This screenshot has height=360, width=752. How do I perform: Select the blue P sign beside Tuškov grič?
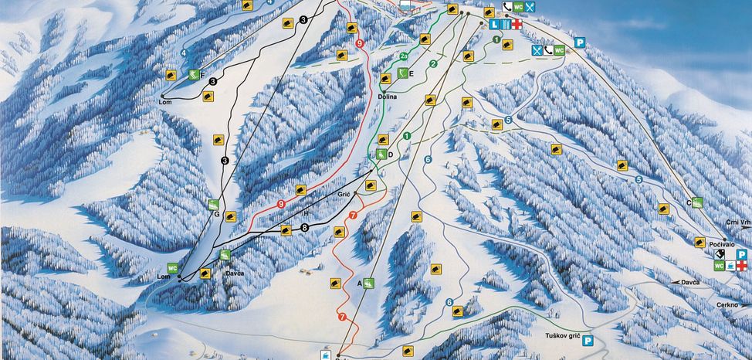click(x=588, y=340)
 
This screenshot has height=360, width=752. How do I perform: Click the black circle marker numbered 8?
click(x=305, y=228)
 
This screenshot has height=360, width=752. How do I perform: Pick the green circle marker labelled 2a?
click(x=405, y=56)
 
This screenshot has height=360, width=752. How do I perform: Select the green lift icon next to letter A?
click(x=368, y=284)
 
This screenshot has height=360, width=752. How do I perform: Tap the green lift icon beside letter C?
click(x=697, y=203)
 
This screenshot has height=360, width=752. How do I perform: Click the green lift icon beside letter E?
click(x=402, y=73)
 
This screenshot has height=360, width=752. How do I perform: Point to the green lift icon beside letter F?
click(x=193, y=74)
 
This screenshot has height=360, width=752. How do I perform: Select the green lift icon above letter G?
click(x=214, y=205)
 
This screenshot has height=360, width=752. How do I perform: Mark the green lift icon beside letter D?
click(x=381, y=155)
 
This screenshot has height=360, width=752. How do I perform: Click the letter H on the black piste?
click(x=306, y=212)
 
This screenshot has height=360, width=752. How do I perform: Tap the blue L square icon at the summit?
click(x=495, y=25)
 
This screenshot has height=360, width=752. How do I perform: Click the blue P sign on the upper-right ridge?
click(x=579, y=43)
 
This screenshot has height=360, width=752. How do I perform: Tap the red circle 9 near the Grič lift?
click(x=281, y=203)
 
